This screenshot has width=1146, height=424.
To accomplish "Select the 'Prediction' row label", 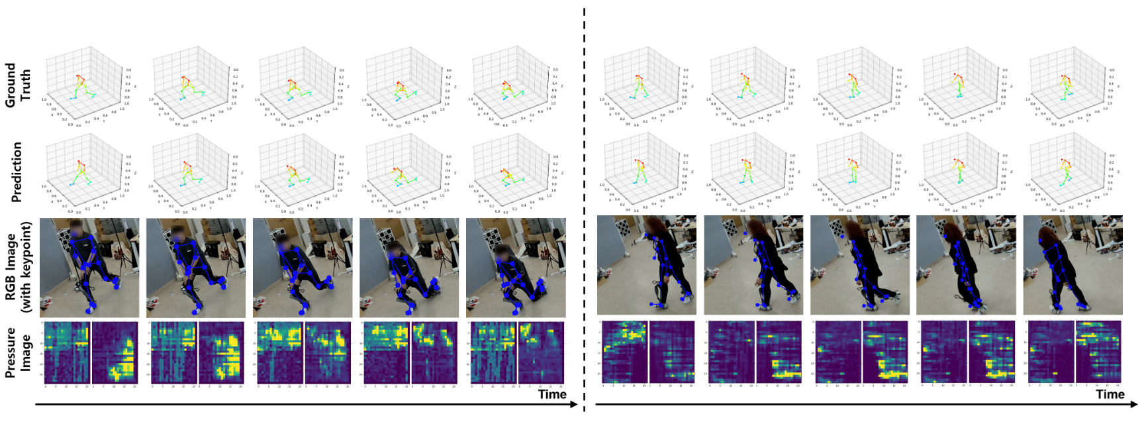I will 17,172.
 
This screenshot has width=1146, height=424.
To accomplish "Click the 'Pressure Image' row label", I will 18,352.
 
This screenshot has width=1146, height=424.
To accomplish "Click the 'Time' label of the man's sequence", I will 552,394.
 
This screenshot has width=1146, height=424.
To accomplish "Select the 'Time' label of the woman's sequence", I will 1110,394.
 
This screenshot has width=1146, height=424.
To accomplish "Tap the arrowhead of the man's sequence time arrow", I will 576,404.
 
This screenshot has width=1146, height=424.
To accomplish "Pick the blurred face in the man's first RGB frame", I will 75,229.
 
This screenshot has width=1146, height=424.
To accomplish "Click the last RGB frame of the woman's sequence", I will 1073,265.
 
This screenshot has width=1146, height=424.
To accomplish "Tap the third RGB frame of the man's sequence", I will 303,268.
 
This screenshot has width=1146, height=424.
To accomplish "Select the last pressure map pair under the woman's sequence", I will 1074,352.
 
